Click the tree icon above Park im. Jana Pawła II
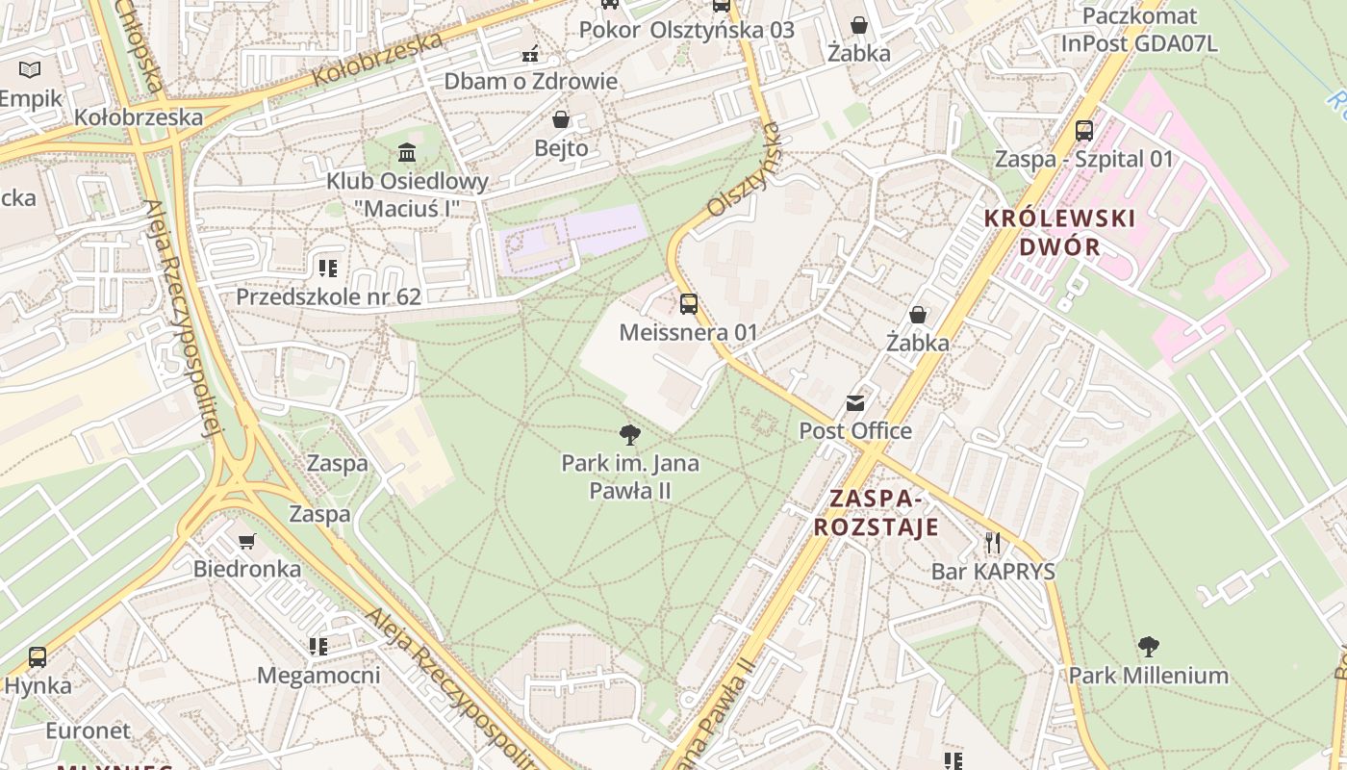(630, 434)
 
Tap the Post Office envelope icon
(855, 402)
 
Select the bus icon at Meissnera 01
(689, 304)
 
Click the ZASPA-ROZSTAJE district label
(876, 513)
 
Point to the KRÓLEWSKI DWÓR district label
(1059, 232)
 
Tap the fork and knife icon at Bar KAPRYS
(993, 543)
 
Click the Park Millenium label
(1148, 676)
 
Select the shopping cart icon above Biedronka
(247, 541)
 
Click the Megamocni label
(318, 675)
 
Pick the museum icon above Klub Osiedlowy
(407, 153)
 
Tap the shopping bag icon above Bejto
(561, 119)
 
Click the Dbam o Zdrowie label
(530, 81)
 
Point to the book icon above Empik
(30, 69)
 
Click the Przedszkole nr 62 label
(328, 296)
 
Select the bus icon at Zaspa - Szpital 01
(1084, 130)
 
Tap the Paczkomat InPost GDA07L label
(1139, 30)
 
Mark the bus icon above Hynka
(38, 657)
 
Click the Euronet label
(88, 731)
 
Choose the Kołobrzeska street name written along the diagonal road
(377, 60)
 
